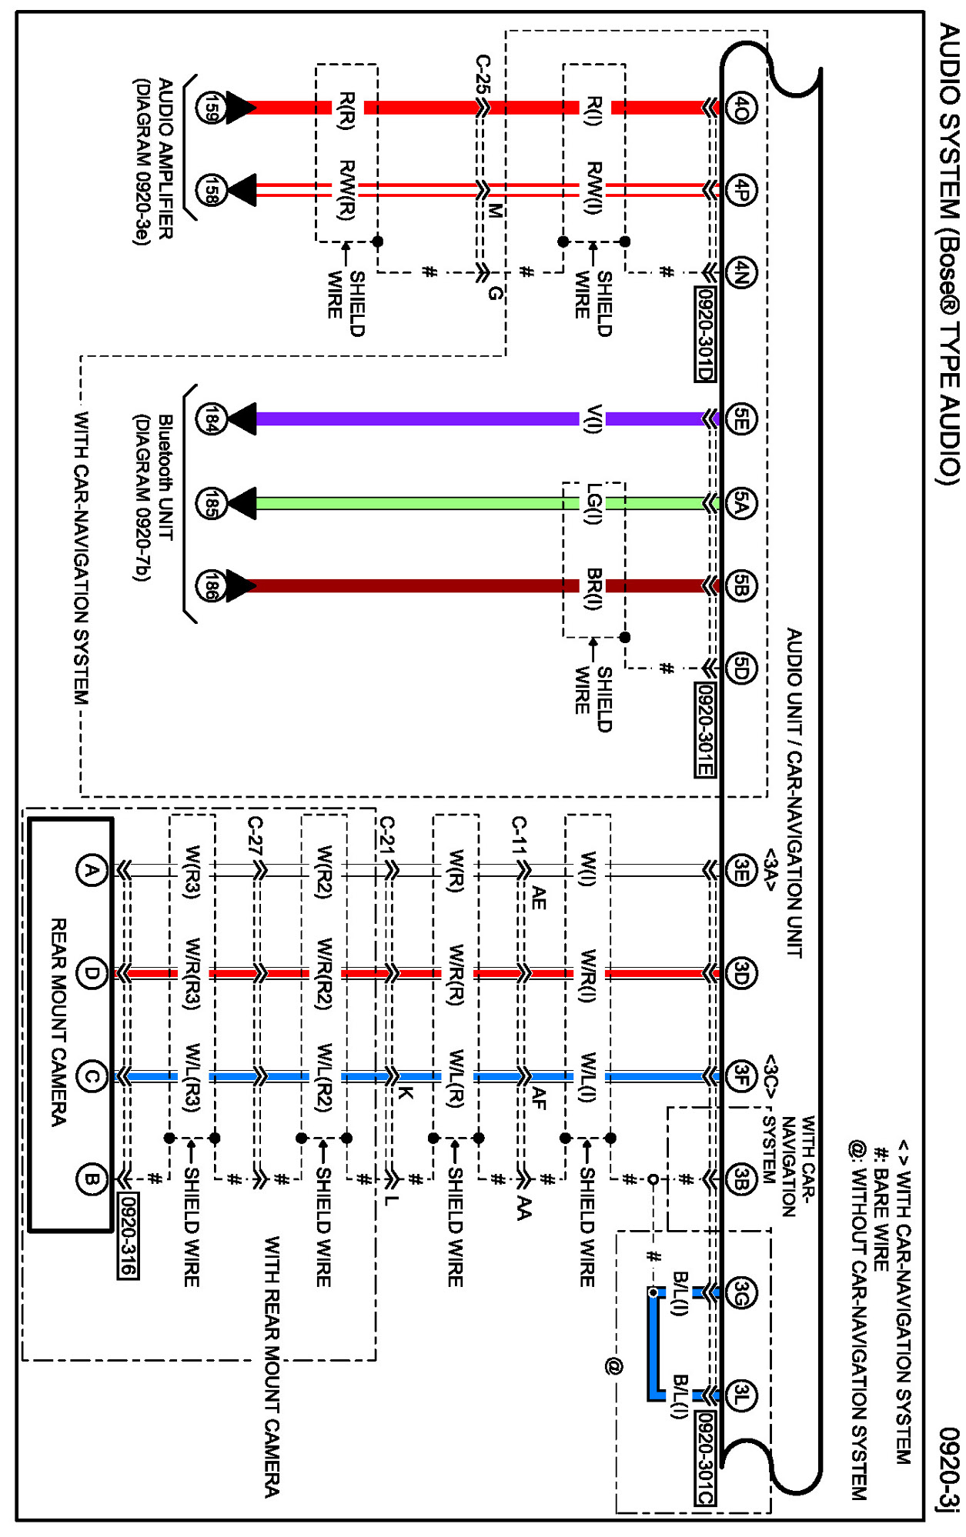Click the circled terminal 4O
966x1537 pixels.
740,108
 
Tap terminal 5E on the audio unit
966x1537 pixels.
740,419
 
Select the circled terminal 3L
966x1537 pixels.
740,1395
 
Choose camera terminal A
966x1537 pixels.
92,871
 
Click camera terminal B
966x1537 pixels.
92,1179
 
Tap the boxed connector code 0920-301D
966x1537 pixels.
704,335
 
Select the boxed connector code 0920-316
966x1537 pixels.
128,1235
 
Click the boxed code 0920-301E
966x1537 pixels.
704,730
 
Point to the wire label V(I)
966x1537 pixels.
593,419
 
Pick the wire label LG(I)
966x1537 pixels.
593,504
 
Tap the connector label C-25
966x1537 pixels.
483,74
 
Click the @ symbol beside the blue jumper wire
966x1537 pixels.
613,1366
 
